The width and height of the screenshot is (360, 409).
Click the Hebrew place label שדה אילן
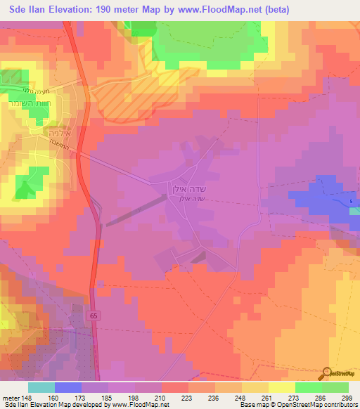coord(186,189)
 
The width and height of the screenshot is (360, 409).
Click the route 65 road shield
coord(94,317)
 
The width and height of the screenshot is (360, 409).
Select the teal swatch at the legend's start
coord(41,387)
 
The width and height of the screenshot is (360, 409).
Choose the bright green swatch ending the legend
coord(335,387)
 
